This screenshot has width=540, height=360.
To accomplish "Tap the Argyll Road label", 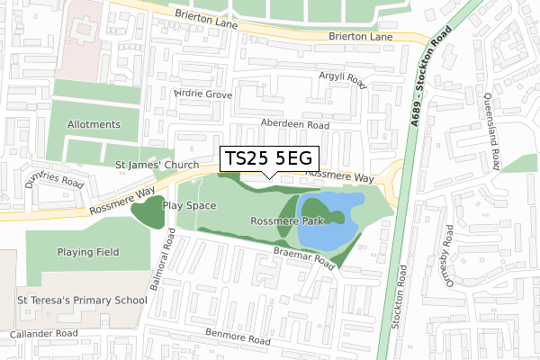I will point(343,79).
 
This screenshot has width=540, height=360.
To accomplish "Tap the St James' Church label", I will point(157,165).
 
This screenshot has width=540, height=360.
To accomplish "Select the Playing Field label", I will point(88,251).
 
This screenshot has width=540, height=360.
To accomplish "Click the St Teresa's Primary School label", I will point(82,299).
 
